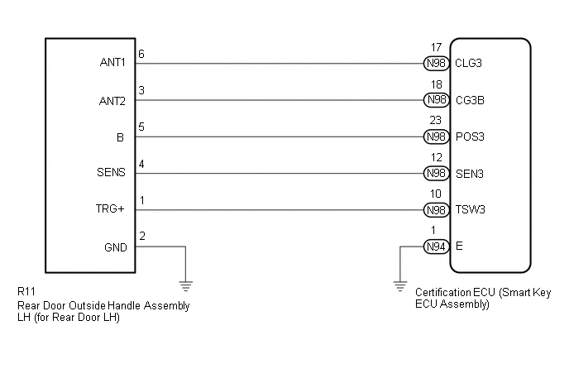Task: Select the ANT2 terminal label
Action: (113, 101)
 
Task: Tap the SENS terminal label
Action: (112, 174)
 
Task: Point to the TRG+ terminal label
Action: (111, 210)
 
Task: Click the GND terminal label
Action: (115, 247)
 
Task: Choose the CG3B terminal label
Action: (470, 101)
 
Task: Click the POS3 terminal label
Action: (470, 137)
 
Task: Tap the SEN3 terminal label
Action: (469, 174)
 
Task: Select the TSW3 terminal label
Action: (470, 210)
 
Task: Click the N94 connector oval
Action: (436, 247)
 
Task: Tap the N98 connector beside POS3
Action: (436, 137)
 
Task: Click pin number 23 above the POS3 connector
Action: (436, 121)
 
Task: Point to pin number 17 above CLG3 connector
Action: (436, 48)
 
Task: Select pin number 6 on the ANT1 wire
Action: (141, 54)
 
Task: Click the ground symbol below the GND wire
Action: (186, 286)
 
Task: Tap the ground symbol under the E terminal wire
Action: (399, 286)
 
